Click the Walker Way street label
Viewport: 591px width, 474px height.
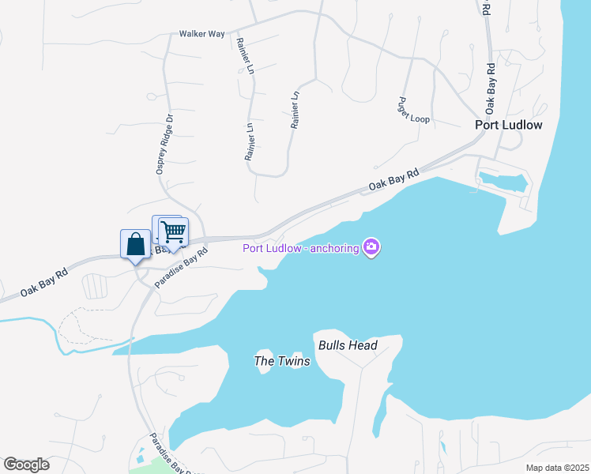click(x=201, y=34)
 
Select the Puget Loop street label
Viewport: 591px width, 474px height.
click(x=414, y=110)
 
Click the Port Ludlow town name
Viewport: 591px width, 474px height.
click(x=508, y=125)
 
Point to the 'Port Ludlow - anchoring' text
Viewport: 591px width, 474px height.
click(x=300, y=248)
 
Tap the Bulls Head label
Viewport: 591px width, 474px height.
click(x=348, y=345)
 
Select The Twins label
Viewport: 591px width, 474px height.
click(x=282, y=361)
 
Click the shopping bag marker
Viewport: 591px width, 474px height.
click(x=135, y=243)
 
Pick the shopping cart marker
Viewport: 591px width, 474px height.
click(x=173, y=232)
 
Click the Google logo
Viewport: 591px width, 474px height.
click(x=26, y=464)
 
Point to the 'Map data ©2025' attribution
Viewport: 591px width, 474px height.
click(x=556, y=468)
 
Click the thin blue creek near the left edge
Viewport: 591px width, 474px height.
click(x=32, y=320)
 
